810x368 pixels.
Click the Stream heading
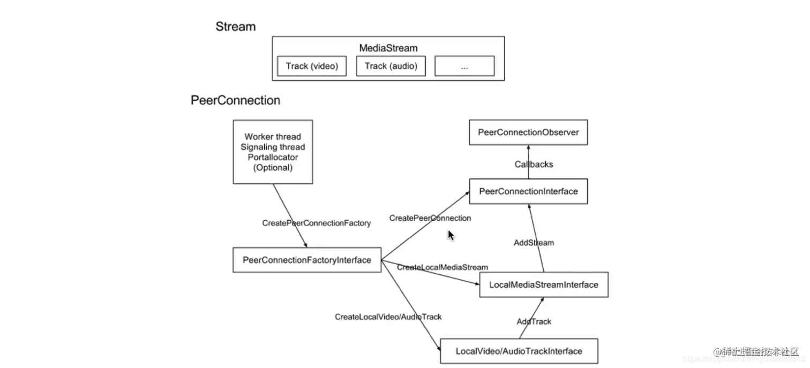(236, 26)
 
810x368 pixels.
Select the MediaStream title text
(388, 48)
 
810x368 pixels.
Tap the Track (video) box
(312, 66)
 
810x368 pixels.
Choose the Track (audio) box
(391, 66)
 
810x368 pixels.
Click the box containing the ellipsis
(464, 66)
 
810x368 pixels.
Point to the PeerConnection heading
(235, 100)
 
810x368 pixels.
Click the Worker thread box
(273, 152)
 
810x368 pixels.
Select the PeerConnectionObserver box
(528, 132)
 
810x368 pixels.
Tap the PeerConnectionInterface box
(528, 191)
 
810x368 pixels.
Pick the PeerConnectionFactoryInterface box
(306, 260)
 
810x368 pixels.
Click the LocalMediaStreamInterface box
(543, 284)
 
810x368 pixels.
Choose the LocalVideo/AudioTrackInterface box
(519, 351)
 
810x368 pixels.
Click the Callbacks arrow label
(534, 164)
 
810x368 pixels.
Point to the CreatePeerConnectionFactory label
(316, 223)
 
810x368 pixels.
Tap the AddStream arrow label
(534, 243)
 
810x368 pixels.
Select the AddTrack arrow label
(534, 321)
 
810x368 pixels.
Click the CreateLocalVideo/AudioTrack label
(388, 317)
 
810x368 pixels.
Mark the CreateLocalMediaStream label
(442, 267)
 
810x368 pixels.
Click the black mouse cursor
(451, 235)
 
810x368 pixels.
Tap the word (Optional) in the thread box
(273, 168)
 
